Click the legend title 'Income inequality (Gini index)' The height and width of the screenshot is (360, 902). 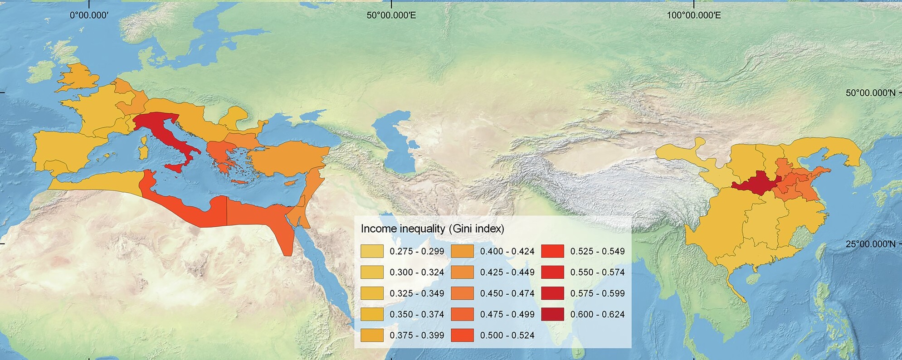[x=432, y=229]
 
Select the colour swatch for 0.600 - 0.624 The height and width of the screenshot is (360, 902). [x=552, y=314]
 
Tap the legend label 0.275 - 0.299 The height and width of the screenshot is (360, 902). [x=417, y=251]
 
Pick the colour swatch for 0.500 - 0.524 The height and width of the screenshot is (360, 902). [x=462, y=336]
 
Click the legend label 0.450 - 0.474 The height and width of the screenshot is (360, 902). [x=507, y=293]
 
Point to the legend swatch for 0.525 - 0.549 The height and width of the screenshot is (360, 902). [x=552, y=251]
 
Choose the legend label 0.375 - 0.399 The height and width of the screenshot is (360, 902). [x=417, y=336]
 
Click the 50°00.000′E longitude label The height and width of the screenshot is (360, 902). [x=391, y=15]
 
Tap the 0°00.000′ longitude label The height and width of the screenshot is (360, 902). [x=89, y=15]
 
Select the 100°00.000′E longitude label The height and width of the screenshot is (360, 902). [x=693, y=15]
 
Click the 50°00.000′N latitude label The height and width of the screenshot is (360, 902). [x=870, y=93]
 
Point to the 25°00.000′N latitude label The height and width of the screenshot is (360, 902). [x=870, y=244]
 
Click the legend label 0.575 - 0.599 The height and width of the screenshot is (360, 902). [x=597, y=293]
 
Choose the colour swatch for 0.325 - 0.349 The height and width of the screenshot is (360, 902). [x=372, y=293]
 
